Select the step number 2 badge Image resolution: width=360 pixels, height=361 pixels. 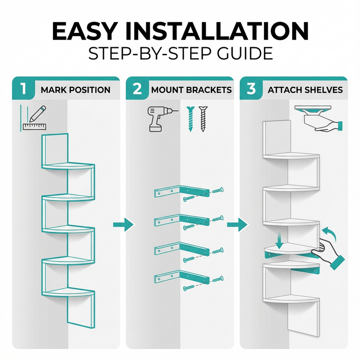[x=137, y=89]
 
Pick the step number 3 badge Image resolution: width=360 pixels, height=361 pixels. [x=251, y=89]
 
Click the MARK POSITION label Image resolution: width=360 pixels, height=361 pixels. [x=75, y=90]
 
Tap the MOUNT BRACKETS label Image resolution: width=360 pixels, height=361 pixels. [x=191, y=90]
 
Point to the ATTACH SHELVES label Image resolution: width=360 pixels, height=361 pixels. [x=305, y=90]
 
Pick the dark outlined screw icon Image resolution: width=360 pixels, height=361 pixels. [x=203, y=119]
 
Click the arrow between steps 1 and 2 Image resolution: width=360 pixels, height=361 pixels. [x=123, y=225]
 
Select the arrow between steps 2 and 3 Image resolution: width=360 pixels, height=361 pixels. [x=236, y=225]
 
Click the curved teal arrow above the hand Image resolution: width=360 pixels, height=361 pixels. [x=330, y=232]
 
